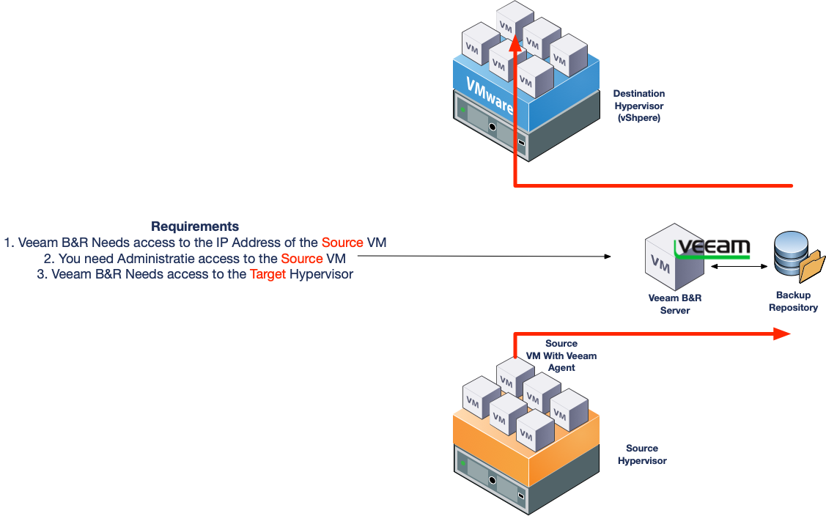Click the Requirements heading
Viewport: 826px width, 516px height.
point(195,226)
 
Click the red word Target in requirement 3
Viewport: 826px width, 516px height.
point(268,274)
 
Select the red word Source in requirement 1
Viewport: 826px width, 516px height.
point(342,243)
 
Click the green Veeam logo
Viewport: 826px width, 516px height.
point(712,248)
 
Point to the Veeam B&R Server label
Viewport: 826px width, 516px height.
point(675,304)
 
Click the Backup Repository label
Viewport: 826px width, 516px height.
point(793,301)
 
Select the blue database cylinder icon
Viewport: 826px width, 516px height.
point(790,253)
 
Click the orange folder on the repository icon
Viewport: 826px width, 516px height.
point(812,267)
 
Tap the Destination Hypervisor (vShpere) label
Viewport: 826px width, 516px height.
point(639,106)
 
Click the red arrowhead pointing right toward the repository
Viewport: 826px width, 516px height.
point(782,333)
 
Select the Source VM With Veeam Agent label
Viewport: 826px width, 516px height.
point(561,355)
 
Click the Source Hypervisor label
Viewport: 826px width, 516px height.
point(642,454)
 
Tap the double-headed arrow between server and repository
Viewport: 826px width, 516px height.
point(739,266)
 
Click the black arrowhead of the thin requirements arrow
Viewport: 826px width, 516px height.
point(608,257)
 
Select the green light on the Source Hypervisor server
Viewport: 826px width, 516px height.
point(463,464)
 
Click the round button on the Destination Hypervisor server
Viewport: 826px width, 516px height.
point(493,127)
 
